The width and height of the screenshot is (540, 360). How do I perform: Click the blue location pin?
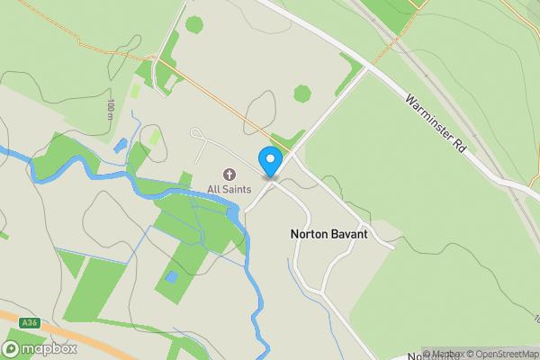click(270, 160)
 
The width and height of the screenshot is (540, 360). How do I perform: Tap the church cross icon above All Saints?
click(229, 175)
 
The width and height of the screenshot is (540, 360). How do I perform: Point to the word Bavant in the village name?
click(349, 233)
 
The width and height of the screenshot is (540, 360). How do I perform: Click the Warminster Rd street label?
click(435, 123)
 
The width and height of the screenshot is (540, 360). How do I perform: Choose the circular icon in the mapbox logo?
click(12, 348)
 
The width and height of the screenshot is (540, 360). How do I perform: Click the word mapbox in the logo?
click(49, 348)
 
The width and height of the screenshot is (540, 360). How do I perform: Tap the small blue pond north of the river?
click(121, 145)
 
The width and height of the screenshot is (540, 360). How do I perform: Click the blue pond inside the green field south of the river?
click(171, 277)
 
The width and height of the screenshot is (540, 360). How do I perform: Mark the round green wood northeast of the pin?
click(302, 93)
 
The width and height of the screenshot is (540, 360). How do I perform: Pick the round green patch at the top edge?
click(194, 24)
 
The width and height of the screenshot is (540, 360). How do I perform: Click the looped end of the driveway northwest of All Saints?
click(196, 134)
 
